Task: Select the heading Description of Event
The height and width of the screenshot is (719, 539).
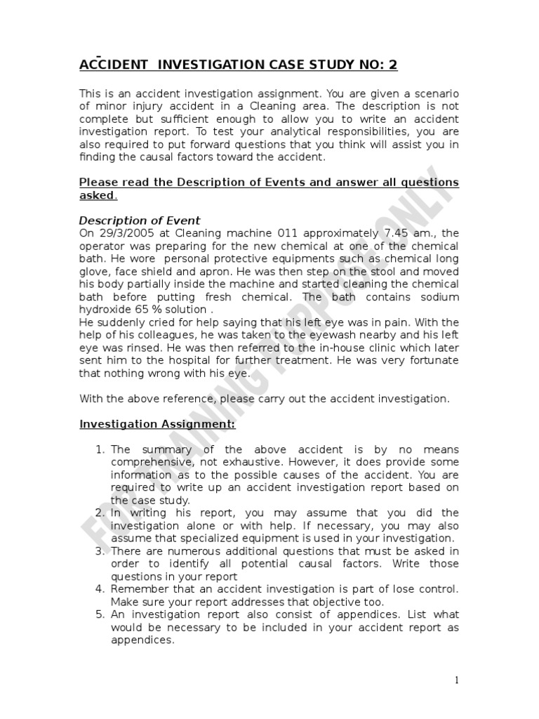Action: point(140,220)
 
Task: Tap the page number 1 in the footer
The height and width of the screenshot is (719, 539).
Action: point(456,680)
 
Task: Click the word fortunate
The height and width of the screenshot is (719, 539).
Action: point(433,361)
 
